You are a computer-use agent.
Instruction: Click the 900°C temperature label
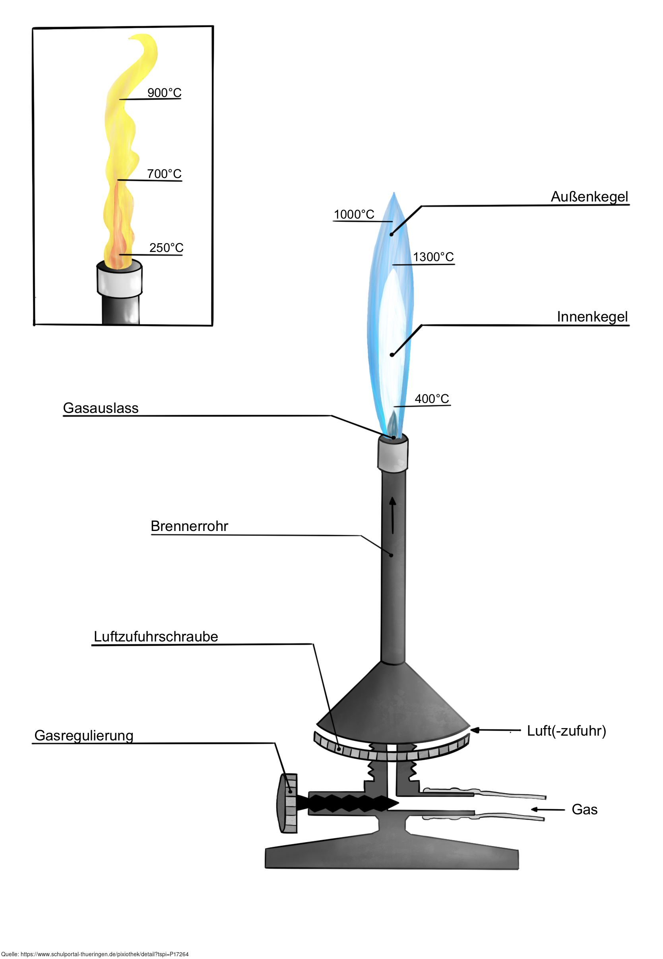tap(165, 93)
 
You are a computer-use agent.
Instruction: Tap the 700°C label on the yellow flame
tap(165, 174)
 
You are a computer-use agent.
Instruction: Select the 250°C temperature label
tap(166, 248)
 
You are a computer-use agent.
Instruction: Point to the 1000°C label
tap(354, 214)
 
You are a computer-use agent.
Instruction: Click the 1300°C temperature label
tap(433, 257)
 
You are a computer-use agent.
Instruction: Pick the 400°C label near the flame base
tap(432, 399)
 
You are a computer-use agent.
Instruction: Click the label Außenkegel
tap(589, 196)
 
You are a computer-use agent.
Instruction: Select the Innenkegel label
tap(592, 316)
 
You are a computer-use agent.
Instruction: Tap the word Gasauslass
tap(101, 408)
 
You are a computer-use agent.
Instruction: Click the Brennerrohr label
tap(189, 526)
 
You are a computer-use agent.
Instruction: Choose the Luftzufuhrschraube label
tap(156, 636)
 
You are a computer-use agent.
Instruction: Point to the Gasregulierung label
tap(83, 735)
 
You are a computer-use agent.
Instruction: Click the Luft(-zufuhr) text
tap(566, 730)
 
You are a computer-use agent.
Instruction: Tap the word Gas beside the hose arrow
tap(584, 809)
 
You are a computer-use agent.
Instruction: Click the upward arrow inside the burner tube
tap(393, 515)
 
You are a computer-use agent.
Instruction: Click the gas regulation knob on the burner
tap(287, 803)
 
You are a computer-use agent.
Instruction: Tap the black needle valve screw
tap(351, 803)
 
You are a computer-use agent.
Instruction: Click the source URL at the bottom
tap(95, 954)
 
